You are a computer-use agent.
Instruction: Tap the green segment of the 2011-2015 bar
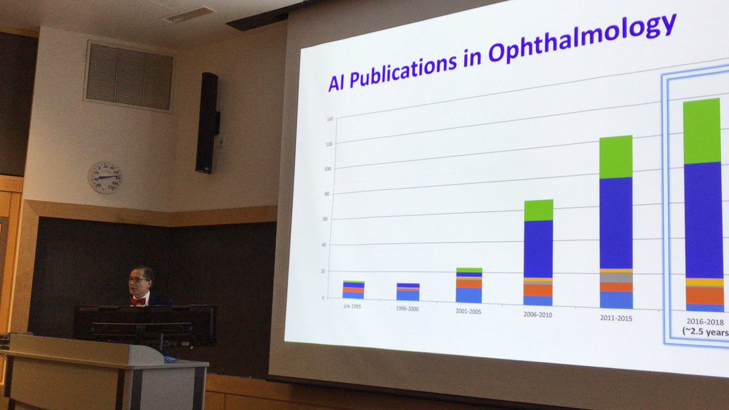[615, 157]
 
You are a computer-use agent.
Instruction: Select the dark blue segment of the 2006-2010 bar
[538, 248]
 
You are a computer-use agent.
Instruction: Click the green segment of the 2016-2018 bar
[702, 131]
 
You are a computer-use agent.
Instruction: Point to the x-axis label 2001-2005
[469, 310]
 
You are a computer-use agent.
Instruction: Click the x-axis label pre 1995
[353, 307]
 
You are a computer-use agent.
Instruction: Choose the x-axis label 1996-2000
[408, 309]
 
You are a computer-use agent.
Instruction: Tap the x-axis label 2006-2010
[538, 314]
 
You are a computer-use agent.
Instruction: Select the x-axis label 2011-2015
[615, 318]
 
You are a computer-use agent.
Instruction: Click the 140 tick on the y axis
[330, 119]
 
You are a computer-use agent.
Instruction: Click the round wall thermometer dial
[106, 177]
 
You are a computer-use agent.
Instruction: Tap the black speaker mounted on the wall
[207, 123]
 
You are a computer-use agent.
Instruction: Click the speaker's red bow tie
[139, 301]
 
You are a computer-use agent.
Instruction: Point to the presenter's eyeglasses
[137, 280]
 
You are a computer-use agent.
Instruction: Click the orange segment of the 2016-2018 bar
[705, 295]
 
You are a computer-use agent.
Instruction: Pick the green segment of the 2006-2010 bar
[538, 210]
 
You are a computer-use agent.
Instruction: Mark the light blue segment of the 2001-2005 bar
[468, 295]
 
